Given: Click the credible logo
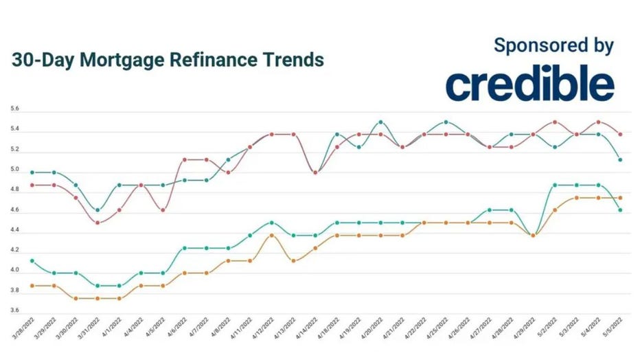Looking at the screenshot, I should coord(529,85).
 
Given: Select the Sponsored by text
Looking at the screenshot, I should coord(553,45).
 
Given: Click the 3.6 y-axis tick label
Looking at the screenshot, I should coord(14,311).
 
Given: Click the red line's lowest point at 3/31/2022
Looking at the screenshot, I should coord(98,223).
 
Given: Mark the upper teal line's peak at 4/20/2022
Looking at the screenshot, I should coord(381,122).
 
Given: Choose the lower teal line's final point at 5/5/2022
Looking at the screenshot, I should coord(620,210).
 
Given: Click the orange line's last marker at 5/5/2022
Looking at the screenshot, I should coord(620,198).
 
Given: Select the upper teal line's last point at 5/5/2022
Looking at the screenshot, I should coord(620,159).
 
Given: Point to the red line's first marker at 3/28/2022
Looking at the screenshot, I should coord(32,185).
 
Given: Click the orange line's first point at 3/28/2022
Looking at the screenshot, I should coord(32,285).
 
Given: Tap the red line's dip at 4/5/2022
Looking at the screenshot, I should coord(163,210).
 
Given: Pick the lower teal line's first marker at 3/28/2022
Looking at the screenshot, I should coord(32,260).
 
